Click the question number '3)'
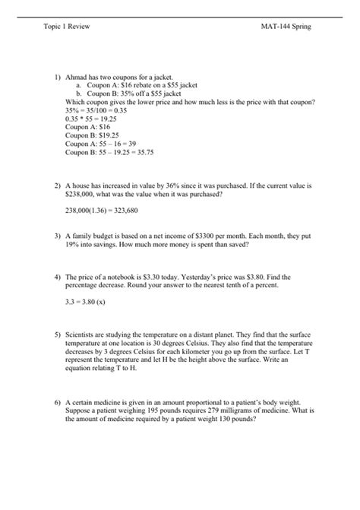coord(58,236)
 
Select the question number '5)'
coord(58,334)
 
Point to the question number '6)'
coord(58,401)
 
